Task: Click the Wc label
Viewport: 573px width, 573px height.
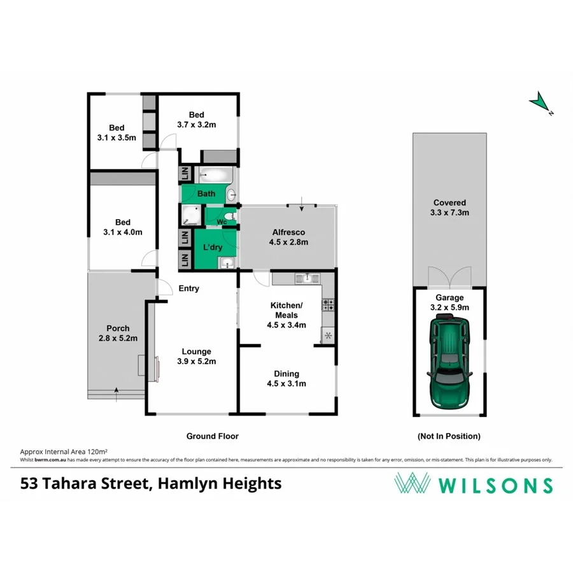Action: [222, 222]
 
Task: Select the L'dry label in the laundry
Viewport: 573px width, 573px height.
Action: [212, 247]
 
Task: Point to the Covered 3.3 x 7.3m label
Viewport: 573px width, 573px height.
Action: [450, 208]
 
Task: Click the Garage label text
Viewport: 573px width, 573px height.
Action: [449, 297]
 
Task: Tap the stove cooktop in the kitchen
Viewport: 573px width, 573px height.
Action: [329, 305]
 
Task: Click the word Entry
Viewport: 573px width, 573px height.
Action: [188, 288]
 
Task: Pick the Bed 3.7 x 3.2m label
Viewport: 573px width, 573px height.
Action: [196, 120]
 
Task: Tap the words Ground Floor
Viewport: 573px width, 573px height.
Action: [212, 436]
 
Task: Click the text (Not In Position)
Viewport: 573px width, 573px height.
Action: [449, 436]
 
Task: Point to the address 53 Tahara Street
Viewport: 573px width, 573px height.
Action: [83, 484]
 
